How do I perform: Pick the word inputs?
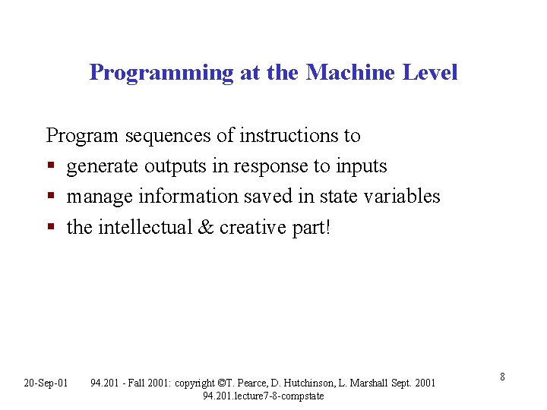tap(361, 166)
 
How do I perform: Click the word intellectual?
tap(142, 227)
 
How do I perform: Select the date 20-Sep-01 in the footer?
tap(46, 382)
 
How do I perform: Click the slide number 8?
tap(503, 377)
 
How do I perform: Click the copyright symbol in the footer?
tap(220, 383)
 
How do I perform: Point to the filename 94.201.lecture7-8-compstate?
tap(263, 396)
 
